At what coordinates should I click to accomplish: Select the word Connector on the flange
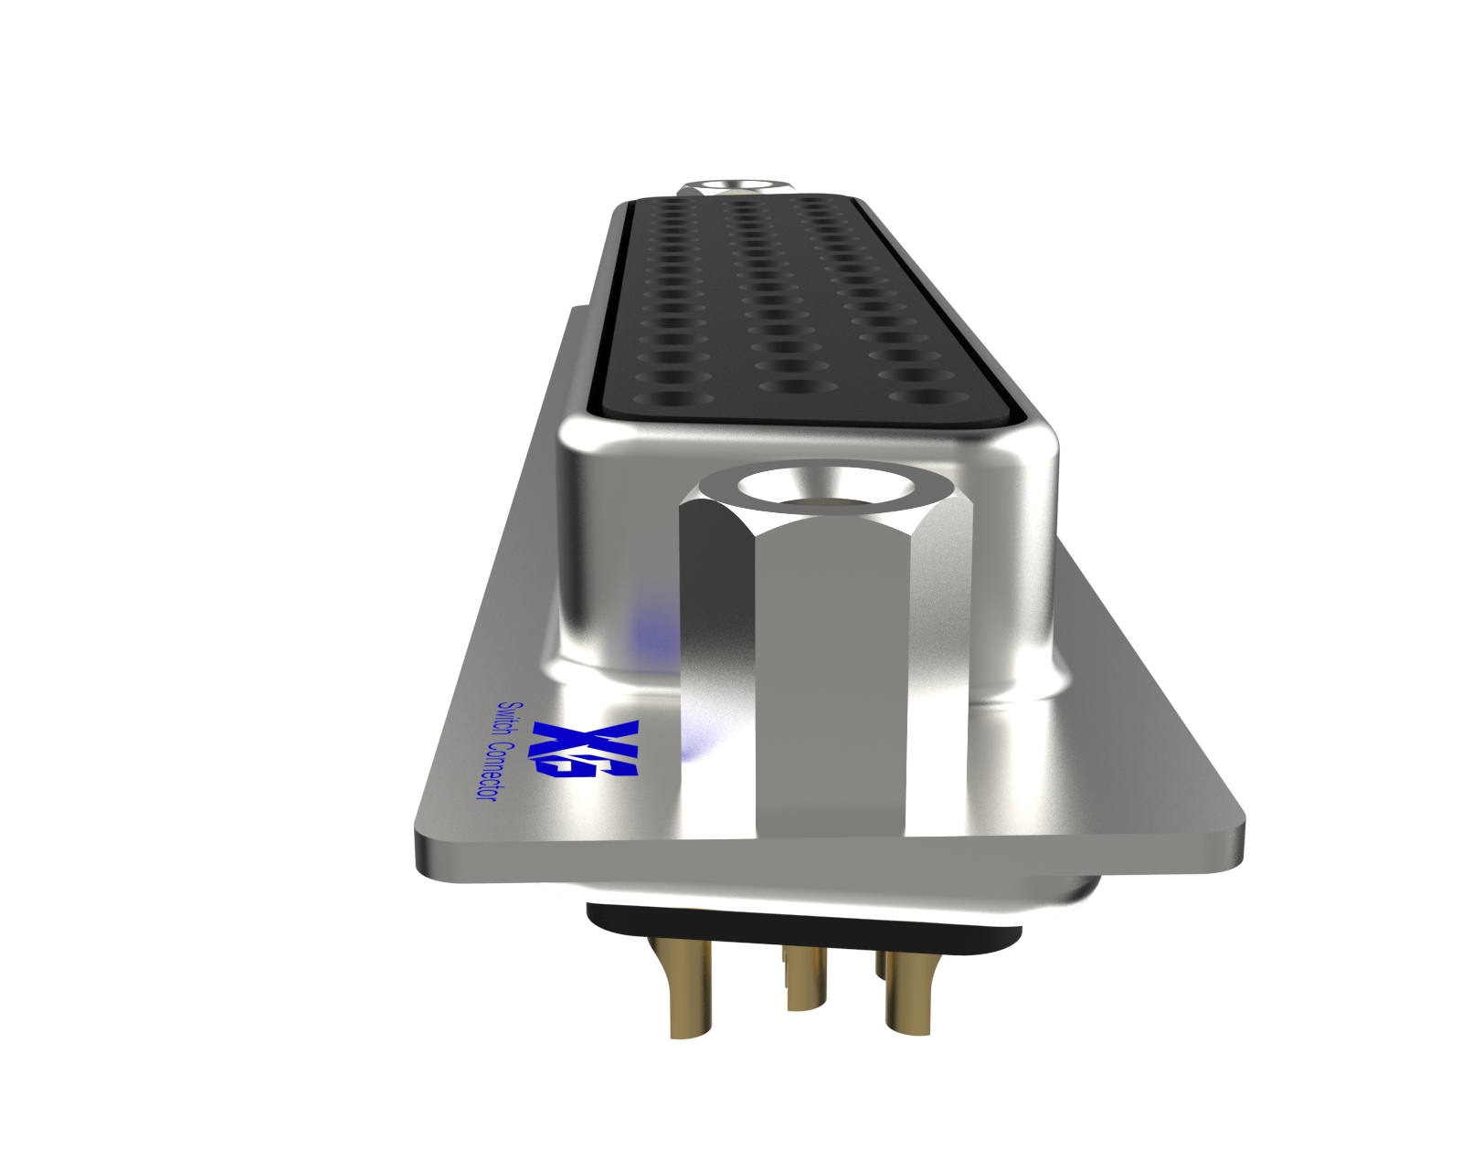pyautogui.click(x=494, y=773)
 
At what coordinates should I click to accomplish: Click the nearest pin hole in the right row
pyautogui.click(x=923, y=397)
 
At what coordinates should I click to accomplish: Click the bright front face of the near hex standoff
pyautogui.click(x=832, y=685)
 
